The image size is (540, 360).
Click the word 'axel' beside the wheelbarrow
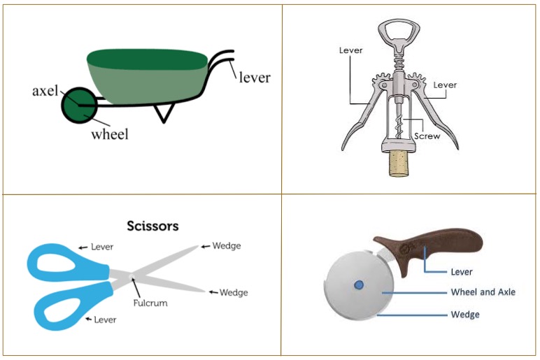(45, 91)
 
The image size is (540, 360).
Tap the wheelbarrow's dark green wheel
(78, 106)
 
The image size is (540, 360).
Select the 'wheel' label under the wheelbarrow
(110, 134)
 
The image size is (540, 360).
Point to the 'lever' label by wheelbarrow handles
(255, 78)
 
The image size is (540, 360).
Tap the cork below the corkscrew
(398, 164)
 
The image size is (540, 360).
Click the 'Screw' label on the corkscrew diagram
(427, 136)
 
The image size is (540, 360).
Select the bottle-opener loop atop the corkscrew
(399, 33)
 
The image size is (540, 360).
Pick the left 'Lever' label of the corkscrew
(350, 50)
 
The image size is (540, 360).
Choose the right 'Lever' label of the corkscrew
(445, 85)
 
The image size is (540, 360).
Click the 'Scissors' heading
(153, 226)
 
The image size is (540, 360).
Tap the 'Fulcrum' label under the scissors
(150, 303)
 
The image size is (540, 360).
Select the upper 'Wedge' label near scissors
(227, 246)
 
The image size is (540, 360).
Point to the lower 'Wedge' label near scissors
(234, 292)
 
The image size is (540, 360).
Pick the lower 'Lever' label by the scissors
(105, 319)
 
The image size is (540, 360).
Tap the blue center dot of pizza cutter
(359, 285)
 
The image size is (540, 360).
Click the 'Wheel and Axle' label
(483, 292)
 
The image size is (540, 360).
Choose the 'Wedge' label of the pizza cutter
(465, 315)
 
